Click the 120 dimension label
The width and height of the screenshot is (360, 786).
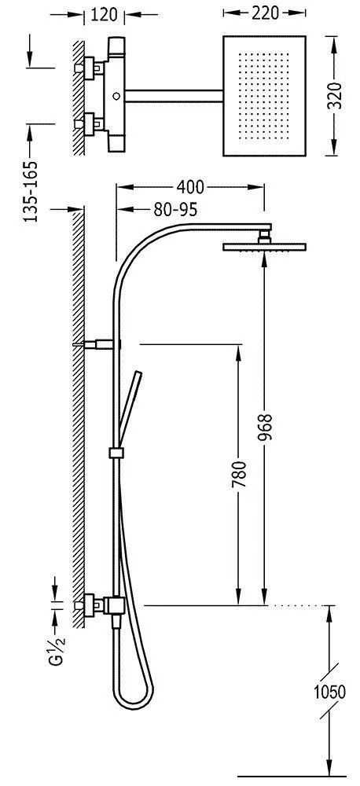[104, 14]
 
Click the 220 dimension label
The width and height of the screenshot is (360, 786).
[264, 13]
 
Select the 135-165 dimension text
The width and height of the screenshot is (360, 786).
[31, 192]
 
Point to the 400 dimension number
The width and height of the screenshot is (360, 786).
[190, 187]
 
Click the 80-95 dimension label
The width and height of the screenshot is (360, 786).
[175, 210]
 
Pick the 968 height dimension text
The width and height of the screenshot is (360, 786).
[265, 427]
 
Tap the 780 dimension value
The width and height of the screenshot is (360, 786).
[240, 475]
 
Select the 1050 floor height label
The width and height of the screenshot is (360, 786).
[329, 692]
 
